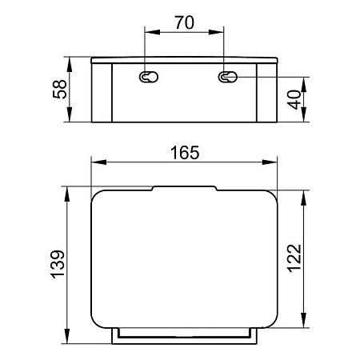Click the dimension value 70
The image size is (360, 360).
coord(185,22)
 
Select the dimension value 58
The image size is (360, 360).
coord(59,90)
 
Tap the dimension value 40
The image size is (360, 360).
coord(294,100)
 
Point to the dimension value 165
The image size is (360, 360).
coord(185,153)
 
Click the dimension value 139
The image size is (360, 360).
coord(58,265)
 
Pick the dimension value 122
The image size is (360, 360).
coord(294,258)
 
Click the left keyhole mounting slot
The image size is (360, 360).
coord(149,77)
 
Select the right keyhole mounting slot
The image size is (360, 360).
coord(227,77)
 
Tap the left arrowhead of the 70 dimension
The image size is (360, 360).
coord(152,32)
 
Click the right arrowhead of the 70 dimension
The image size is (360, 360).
coord(216,32)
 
